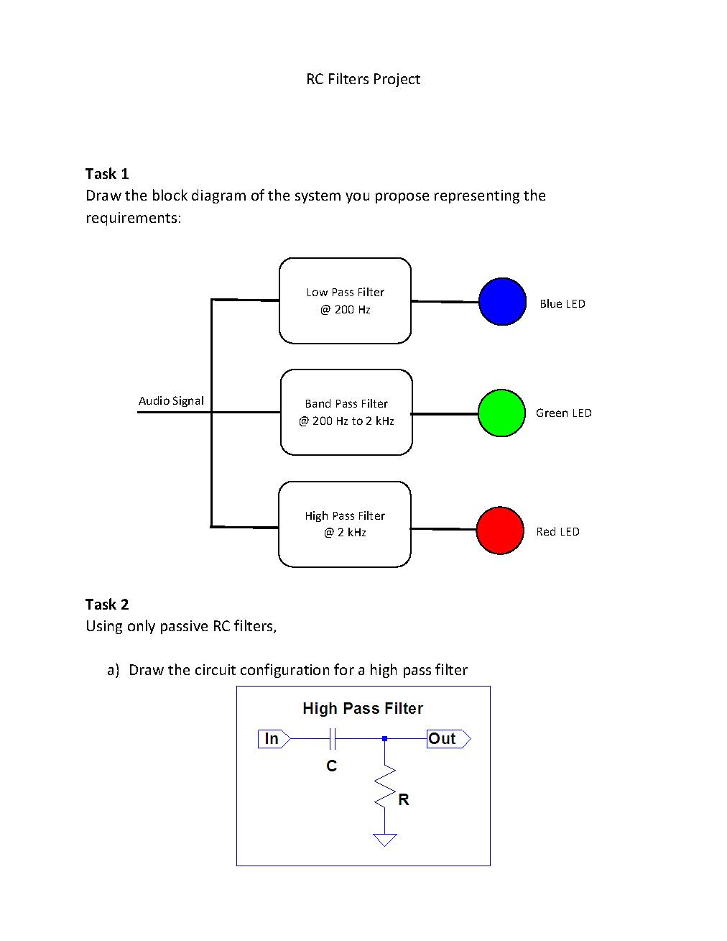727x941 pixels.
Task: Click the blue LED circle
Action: [x=502, y=301]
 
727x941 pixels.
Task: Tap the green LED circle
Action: [x=501, y=413]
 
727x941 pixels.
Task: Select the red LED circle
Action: [x=500, y=531]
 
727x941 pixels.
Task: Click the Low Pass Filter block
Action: [x=345, y=300]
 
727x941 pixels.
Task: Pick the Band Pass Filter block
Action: [x=346, y=412]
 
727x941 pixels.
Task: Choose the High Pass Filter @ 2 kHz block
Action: [x=345, y=524]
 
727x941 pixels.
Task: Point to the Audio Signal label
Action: [x=171, y=400]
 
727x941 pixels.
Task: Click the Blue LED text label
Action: [x=562, y=303]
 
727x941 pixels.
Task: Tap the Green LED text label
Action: [x=563, y=413]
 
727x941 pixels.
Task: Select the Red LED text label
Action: [x=557, y=531]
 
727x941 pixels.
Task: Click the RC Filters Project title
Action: [x=363, y=79]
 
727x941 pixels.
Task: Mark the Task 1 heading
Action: [x=107, y=173]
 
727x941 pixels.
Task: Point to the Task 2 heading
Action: [x=107, y=604]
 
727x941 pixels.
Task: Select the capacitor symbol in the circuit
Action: [x=332, y=738]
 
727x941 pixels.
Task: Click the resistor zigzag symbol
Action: [x=385, y=787]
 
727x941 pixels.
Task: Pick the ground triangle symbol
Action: [x=385, y=839]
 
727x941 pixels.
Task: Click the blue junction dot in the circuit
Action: [x=385, y=738]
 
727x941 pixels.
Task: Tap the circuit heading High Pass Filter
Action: [x=363, y=708]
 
